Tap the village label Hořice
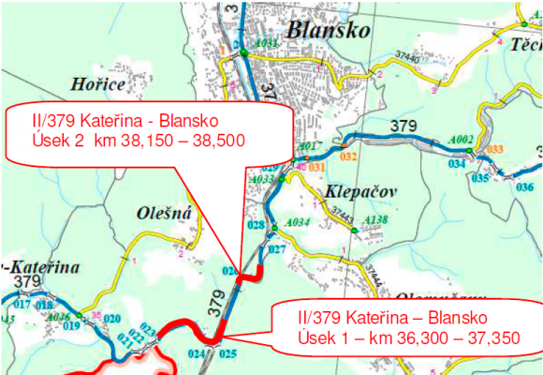pyautogui.click(x=97, y=85)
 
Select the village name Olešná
pyautogui.click(x=169, y=213)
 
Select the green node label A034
pyautogui.click(x=297, y=222)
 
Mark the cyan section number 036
pyautogui.click(x=524, y=187)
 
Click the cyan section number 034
pyautogui.click(x=456, y=163)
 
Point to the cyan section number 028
pyautogui.click(x=256, y=226)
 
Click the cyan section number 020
pyautogui.click(x=111, y=319)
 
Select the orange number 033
pyautogui.click(x=495, y=149)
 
